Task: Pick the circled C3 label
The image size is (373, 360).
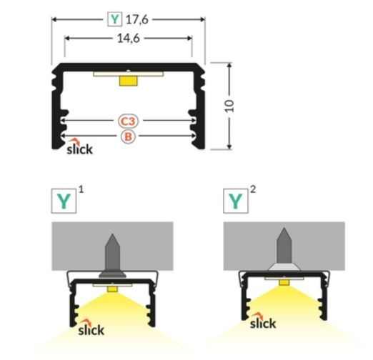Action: (x=128, y=121)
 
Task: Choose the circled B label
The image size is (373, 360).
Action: (x=128, y=136)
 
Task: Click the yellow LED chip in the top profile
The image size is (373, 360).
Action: (x=128, y=81)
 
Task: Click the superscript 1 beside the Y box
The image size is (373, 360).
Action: (x=81, y=190)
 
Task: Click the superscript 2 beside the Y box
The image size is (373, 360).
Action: (x=253, y=190)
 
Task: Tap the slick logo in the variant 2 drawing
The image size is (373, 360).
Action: (x=262, y=323)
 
